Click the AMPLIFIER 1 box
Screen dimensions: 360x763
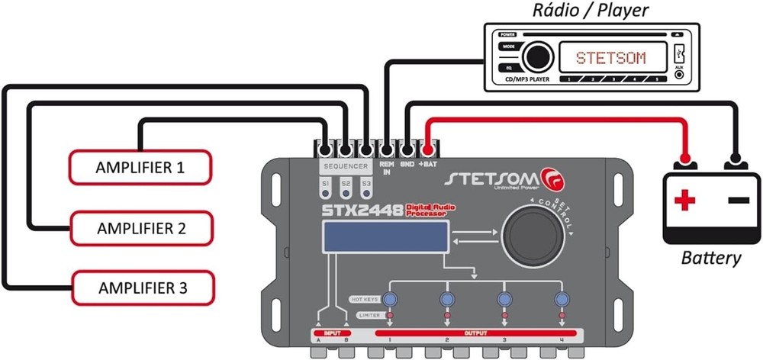coord(140,167)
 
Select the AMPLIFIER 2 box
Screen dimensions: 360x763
coord(142,227)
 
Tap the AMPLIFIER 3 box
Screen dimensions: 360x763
coord(143,288)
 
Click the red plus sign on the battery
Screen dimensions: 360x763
coord(684,201)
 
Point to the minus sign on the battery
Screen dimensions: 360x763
coord(738,200)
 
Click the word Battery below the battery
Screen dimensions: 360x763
coord(711,258)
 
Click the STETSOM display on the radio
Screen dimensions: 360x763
coord(610,58)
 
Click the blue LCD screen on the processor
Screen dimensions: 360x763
coord(385,238)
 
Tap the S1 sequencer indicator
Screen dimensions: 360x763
coord(325,185)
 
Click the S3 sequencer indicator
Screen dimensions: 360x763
coord(366,185)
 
